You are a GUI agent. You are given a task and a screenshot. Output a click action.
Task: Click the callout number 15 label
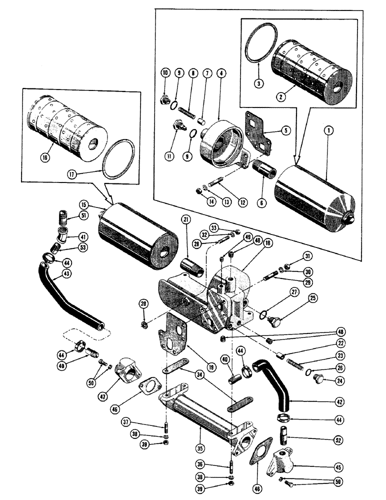(82, 204)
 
